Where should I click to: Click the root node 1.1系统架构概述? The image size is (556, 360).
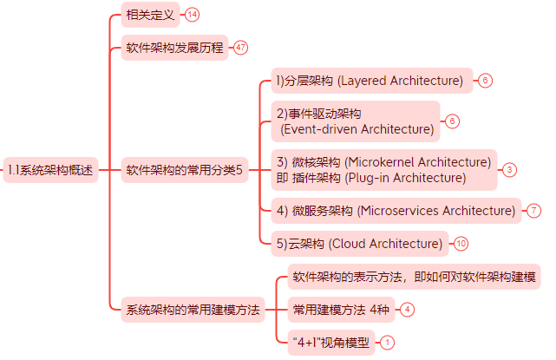[x=49, y=169]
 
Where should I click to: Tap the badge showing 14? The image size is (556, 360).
[x=192, y=15]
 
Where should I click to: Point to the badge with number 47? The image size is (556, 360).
[x=240, y=48]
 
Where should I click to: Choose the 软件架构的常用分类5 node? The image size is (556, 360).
[x=184, y=169]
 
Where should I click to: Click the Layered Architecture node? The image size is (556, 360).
[x=370, y=81]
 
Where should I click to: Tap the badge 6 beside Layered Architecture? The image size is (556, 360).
[x=485, y=81]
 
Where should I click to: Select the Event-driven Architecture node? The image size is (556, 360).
[x=355, y=121]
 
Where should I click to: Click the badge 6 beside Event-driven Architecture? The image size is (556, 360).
[x=452, y=121]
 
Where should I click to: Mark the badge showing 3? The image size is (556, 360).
[x=509, y=170]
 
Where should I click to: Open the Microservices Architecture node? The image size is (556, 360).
[x=396, y=211]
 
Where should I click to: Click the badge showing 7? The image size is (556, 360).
[x=533, y=211]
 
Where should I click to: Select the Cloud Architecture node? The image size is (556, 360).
[x=359, y=243]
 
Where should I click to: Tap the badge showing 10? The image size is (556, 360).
[x=461, y=243]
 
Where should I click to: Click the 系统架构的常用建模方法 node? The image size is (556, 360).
[x=193, y=310]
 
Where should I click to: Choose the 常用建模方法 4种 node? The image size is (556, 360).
[x=341, y=309]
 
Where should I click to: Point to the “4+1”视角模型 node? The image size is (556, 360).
[x=332, y=343]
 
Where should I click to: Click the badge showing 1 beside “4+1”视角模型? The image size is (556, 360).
[x=387, y=343]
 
